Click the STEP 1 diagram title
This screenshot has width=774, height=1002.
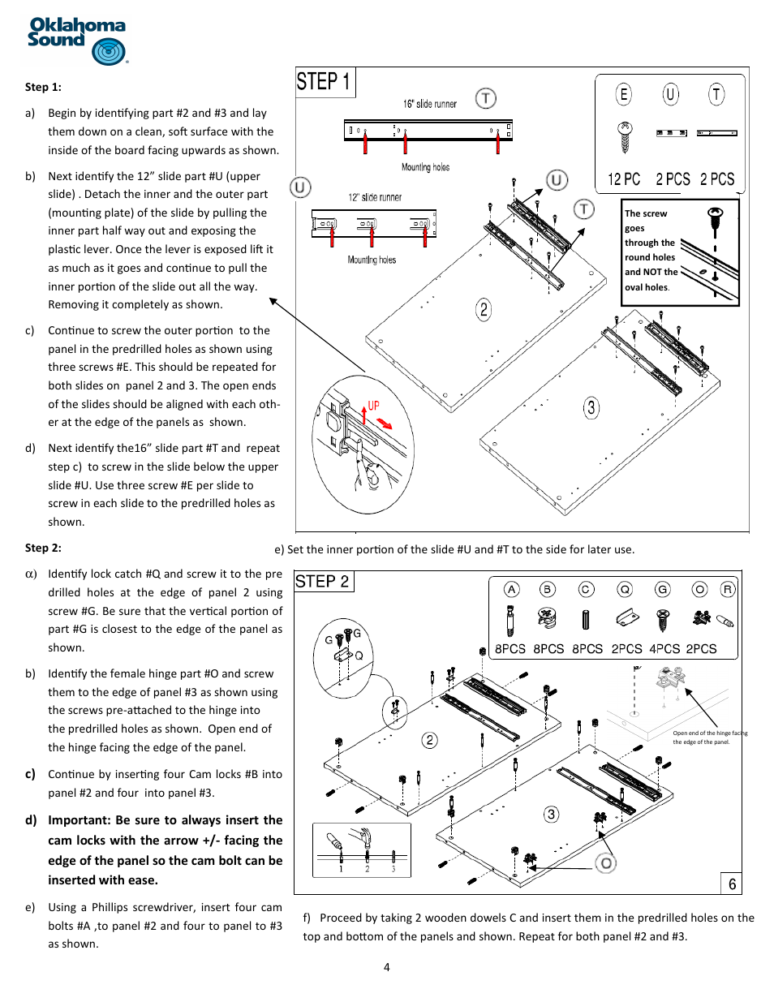(x=323, y=82)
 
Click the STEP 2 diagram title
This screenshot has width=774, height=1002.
(x=322, y=582)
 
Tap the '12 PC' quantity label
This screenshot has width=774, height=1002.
(x=624, y=179)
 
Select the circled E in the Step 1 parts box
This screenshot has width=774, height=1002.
(x=623, y=95)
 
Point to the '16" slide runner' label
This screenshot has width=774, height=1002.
(x=429, y=104)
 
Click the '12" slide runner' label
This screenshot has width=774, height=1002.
(x=375, y=197)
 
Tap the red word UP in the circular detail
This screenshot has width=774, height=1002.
(x=373, y=406)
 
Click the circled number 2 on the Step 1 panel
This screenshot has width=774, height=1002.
(x=484, y=309)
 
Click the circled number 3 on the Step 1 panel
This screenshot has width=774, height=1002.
(x=591, y=407)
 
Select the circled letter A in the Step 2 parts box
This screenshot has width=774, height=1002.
(x=511, y=590)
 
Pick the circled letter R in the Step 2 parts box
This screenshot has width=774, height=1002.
(x=728, y=590)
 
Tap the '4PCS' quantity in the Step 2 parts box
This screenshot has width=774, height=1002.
(x=664, y=649)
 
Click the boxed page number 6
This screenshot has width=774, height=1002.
(x=732, y=884)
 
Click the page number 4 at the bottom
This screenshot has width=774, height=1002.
(x=387, y=967)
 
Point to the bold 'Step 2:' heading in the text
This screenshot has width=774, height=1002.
(x=43, y=548)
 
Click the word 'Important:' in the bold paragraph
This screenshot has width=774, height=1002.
(x=79, y=820)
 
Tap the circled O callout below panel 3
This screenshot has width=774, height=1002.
(x=606, y=863)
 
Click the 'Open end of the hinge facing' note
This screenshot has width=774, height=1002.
(x=709, y=733)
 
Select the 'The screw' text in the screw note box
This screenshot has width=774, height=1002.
(x=646, y=213)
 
